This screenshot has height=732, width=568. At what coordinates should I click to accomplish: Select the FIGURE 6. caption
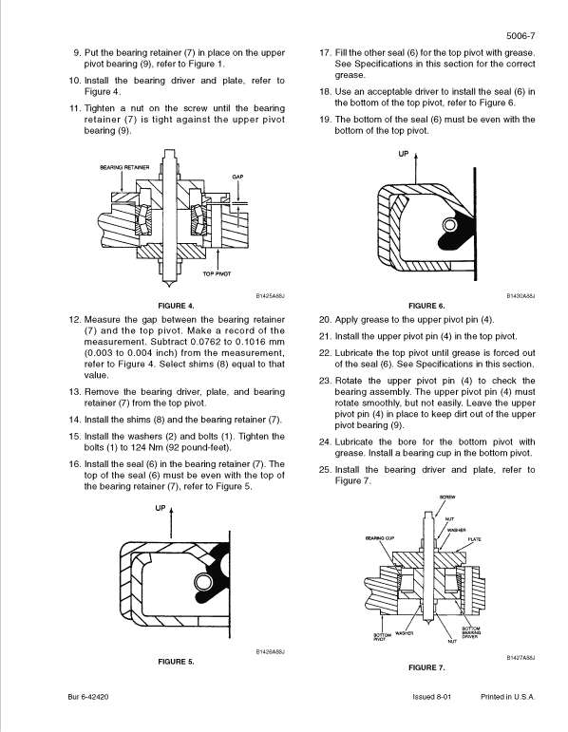pyautogui.click(x=426, y=305)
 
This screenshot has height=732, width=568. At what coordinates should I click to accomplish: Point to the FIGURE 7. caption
pyautogui.click(x=426, y=668)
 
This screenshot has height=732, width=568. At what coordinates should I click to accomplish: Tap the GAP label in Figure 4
pyautogui.click(x=237, y=177)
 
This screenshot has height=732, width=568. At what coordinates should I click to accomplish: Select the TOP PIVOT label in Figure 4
pyautogui.click(x=218, y=273)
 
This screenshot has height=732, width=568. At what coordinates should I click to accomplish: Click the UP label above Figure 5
pyautogui.click(x=160, y=508)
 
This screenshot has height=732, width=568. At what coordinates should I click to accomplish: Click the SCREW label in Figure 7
pyautogui.click(x=446, y=497)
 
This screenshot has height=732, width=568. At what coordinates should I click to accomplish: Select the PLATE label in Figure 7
pyautogui.click(x=475, y=539)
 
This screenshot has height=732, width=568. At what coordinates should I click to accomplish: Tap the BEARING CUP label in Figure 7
pyautogui.click(x=379, y=537)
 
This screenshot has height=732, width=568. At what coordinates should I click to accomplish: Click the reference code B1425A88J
pyautogui.click(x=271, y=296)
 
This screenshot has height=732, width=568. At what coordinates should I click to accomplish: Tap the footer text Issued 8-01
pyautogui.click(x=421, y=696)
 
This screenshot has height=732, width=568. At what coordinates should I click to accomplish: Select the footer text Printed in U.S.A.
pyautogui.click(x=508, y=696)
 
